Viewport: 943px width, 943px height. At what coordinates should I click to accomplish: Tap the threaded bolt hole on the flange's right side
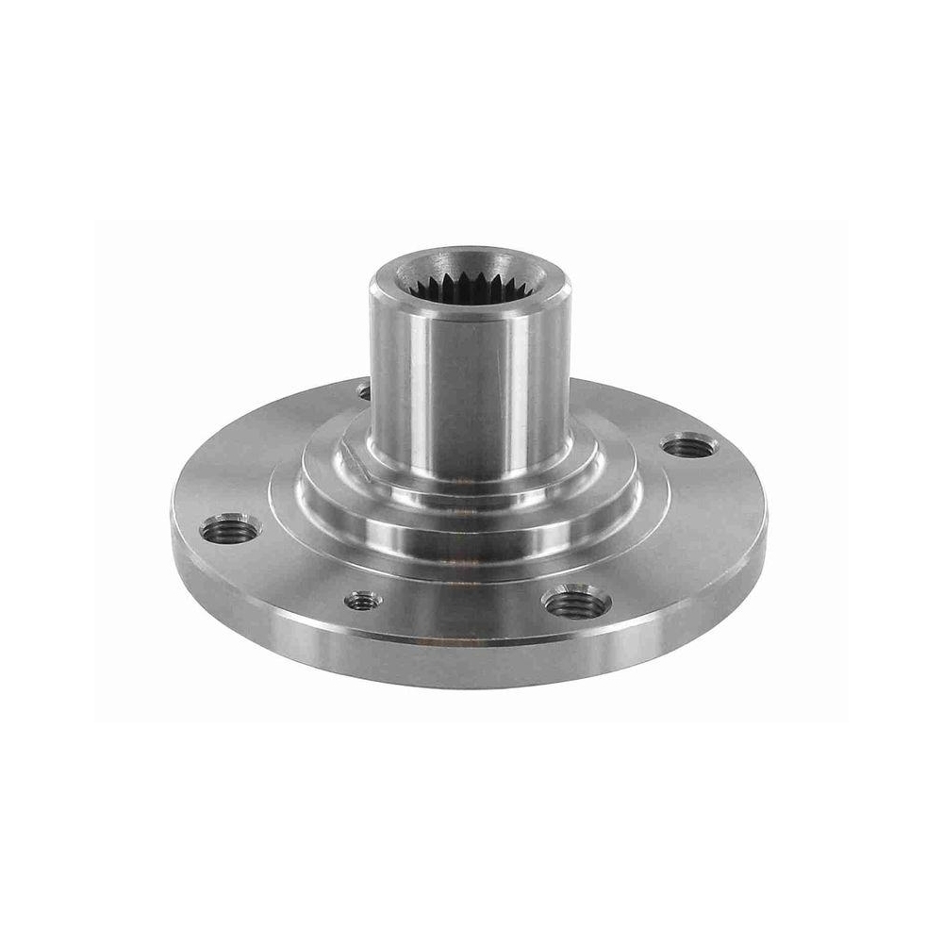(689, 445)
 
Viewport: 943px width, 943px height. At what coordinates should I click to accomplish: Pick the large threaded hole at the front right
(576, 601)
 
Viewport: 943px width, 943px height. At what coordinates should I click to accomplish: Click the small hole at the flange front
(363, 600)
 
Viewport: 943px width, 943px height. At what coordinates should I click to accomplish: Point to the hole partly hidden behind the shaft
(364, 389)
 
